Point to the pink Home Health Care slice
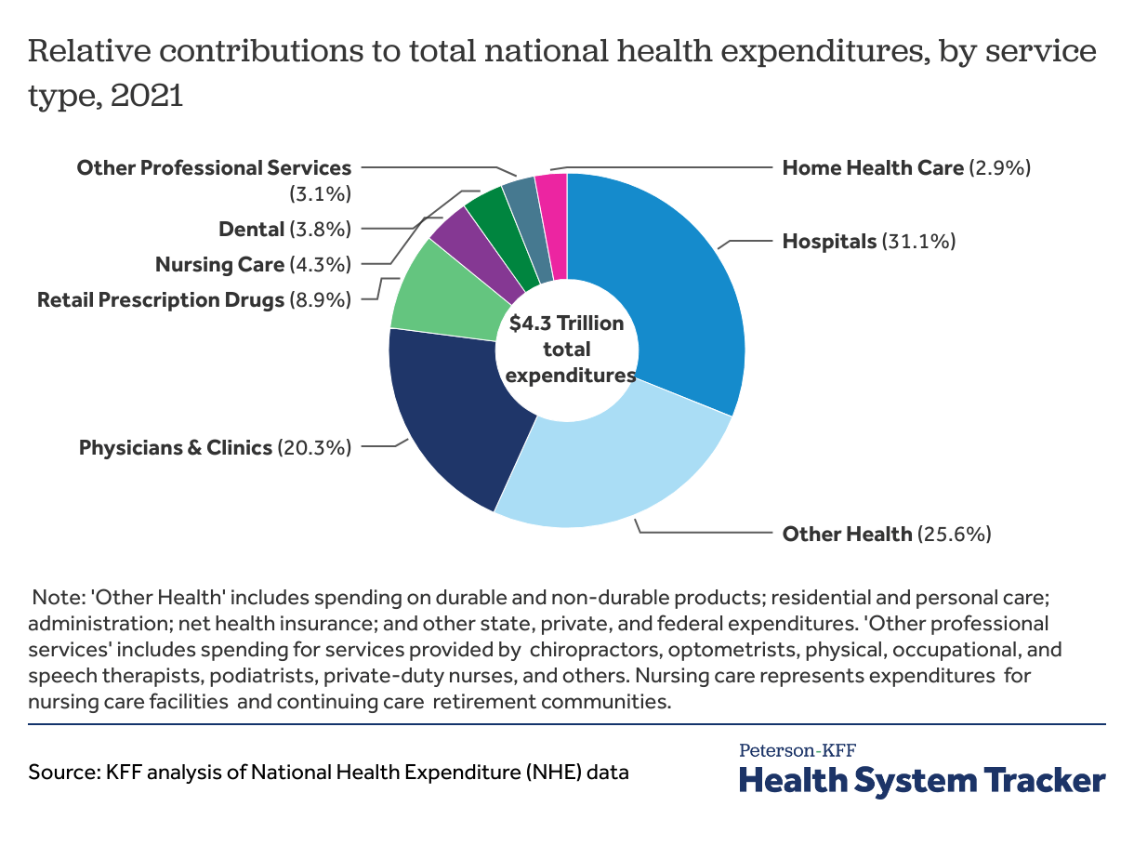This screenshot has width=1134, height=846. pyautogui.click(x=553, y=218)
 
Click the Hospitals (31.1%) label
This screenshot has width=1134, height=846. pyautogui.click(x=868, y=242)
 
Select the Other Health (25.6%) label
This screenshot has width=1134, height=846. pyautogui.click(x=886, y=534)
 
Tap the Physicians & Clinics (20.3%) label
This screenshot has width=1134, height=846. pyautogui.click(x=215, y=447)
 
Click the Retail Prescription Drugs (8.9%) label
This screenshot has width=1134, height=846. pyautogui.click(x=194, y=299)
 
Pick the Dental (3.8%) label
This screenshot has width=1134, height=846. pyautogui.click(x=284, y=229)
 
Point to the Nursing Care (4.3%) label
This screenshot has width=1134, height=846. pyautogui.click(x=253, y=264)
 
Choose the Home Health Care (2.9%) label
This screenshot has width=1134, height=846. pyautogui.click(x=906, y=168)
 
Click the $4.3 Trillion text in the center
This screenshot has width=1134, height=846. pyautogui.click(x=566, y=324)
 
